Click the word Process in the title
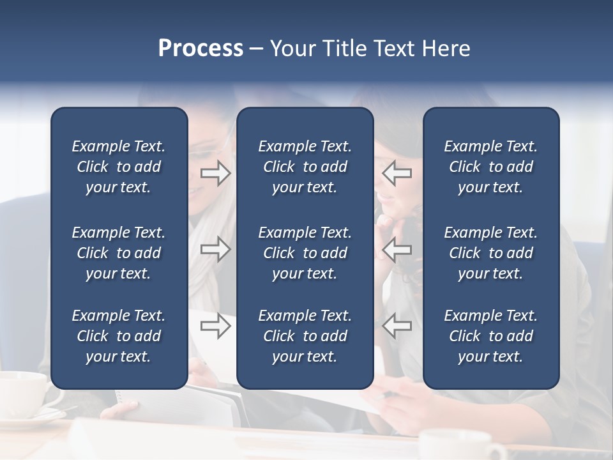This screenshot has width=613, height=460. pos(201,49)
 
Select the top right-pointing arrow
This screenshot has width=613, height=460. pos(215,173)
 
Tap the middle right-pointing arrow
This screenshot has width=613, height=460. pos(215,249)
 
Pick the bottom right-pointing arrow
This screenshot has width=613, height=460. pos(215,326)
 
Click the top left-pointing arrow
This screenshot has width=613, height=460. pos(397,173)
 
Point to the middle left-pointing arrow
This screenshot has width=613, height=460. pos(397,249)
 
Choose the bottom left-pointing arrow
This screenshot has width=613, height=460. pos(397,326)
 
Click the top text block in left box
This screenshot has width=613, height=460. pos(119,167)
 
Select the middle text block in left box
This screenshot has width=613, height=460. pos(119,253)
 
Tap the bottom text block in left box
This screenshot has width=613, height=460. pos(119,336)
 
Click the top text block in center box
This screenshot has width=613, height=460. pos(305,167)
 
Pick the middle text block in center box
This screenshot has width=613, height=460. pos(305,253)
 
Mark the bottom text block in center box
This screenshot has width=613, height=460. pos(305,336)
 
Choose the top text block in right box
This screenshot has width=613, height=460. pos(490,167)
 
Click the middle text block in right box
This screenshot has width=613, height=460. pos(490,253)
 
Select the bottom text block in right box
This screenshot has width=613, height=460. pos(490,336)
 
